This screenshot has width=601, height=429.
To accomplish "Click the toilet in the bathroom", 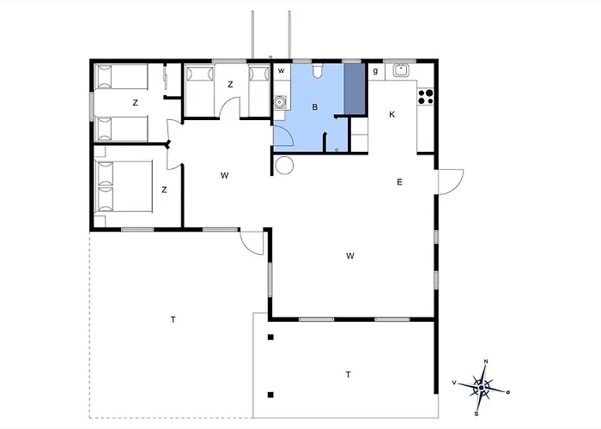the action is tap(317, 70).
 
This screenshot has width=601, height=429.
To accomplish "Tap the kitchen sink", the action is tap(401, 70).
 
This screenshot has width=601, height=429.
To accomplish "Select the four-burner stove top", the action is tap(425, 97).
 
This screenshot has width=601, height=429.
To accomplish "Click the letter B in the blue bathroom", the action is tap(315, 107).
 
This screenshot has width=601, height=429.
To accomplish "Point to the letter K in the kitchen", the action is tap(392, 114).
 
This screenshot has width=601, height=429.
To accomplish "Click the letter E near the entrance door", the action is tap(399, 182).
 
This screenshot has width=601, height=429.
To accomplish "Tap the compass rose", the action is tap(482, 388).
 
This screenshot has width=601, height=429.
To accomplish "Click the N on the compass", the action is tap(486, 361).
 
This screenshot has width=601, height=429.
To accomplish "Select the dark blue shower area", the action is tap(354, 89).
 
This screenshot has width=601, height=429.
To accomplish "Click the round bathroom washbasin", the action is tap(280, 102).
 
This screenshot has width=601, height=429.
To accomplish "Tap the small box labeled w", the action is tap(282, 71).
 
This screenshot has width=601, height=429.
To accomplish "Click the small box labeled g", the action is tap(376, 71).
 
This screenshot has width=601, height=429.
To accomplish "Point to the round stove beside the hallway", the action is tap(284, 166).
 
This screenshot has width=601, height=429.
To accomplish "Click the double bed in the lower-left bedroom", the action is tap(124, 186).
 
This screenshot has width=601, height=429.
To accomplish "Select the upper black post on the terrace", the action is tap(270, 337).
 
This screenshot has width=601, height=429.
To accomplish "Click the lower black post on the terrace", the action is tap(270, 395).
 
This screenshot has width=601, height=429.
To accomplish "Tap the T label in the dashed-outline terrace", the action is tap(173, 319).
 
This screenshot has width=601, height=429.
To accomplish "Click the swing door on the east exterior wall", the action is tap(451, 182).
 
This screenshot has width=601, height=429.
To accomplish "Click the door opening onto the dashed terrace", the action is tap(252, 243).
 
